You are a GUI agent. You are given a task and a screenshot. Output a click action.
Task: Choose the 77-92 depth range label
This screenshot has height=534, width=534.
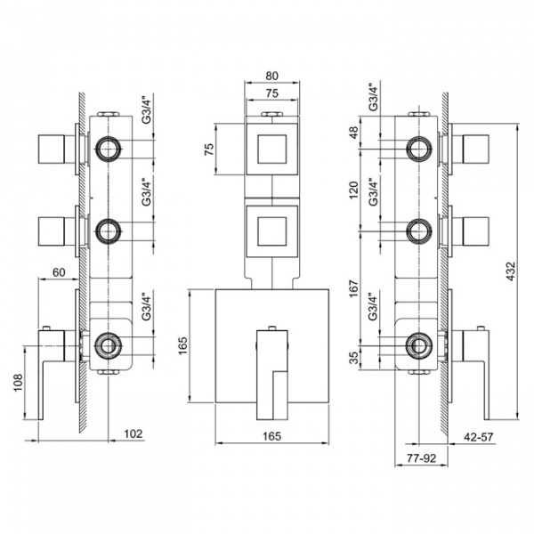418,458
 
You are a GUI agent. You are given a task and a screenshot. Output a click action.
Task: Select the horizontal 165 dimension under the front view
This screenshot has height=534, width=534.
272,436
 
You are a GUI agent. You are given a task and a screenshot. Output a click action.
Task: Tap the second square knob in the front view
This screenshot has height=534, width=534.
272,228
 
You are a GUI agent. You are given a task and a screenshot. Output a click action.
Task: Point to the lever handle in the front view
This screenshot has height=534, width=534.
272,367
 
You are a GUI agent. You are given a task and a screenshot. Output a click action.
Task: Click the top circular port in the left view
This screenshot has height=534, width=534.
109,148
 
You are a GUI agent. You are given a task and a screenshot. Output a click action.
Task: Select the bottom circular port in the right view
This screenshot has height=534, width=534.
417,344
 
